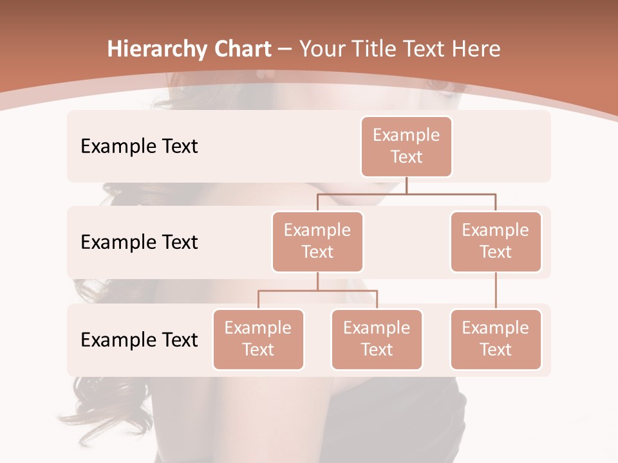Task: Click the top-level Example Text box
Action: pyautogui.click(x=406, y=147)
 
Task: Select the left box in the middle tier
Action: pyautogui.click(x=317, y=242)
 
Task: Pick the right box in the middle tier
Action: pyautogui.click(x=496, y=242)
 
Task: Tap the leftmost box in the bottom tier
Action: pyautogui.click(x=258, y=340)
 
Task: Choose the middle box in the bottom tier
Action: pyautogui.click(x=377, y=340)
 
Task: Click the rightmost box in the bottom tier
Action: pyautogui.click(x=496, y=340)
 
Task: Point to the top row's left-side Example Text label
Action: pyautogui.click(x=139, y=147)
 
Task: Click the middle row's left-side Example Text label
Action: pyautogui.click(x=139, y=242)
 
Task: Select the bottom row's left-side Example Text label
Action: pyautogui.click(x=139, y=340)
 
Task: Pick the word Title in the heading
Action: pyautogui.click(x=376, y=49)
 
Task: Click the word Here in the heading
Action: pyautogui.click(x=477, y=49)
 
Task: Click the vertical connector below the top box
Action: pyautogui.click(x=406, y=185)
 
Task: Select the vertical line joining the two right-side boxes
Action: pyautogui.click(x=496, y=291)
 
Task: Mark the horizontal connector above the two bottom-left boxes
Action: pyautogui.click(x=317, y=291)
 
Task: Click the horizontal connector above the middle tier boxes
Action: pyautogui.click(x=406, y=194)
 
